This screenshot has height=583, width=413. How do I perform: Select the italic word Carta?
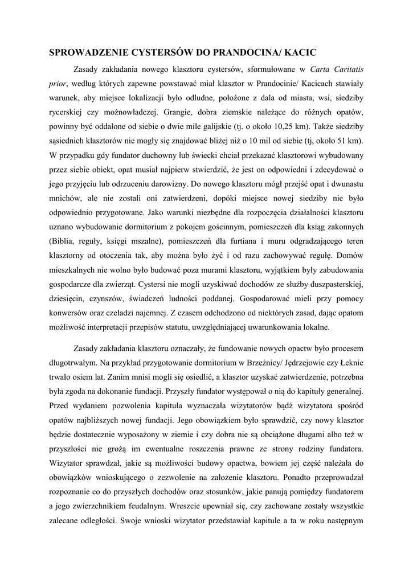[x=321, y=69]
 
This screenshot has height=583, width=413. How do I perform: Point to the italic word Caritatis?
[x=349, y=69]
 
